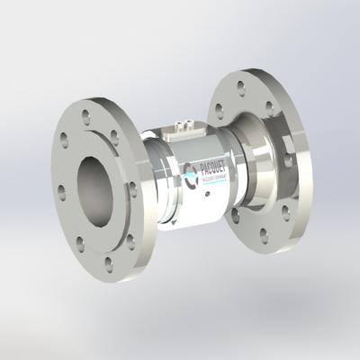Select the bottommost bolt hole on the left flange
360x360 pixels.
tap(109, 263)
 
